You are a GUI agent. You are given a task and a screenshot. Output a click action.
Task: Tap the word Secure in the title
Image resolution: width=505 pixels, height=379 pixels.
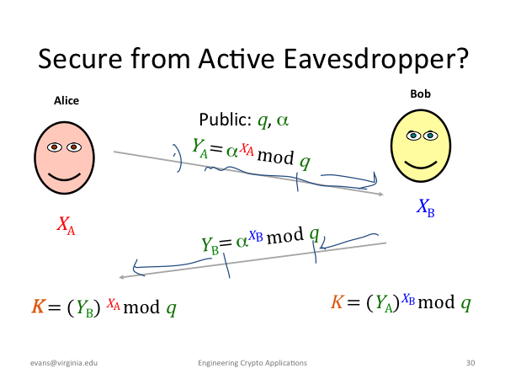click(80, 58)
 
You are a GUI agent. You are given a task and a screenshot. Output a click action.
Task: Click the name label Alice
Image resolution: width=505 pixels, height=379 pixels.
click(66, 100)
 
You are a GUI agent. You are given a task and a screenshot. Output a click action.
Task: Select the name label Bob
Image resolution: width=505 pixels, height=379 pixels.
click(420, 93)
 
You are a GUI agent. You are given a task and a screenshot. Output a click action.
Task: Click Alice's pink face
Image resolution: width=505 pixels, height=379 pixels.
click(65, 158)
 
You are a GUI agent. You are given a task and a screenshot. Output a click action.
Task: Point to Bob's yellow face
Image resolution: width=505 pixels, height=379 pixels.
click(421, 146)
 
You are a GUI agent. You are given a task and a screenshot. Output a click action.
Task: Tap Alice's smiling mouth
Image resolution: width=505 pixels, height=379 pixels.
click(64, 177)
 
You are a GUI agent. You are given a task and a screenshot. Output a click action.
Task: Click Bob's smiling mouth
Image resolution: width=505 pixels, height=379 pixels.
click(421, 165)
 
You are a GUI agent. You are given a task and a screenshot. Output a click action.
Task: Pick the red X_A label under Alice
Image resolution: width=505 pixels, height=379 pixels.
click(66, 225)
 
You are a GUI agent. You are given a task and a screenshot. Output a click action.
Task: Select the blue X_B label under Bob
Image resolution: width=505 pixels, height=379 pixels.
click(425, 207)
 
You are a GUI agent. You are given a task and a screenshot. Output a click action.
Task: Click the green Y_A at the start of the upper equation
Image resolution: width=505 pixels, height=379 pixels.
click(199, 148)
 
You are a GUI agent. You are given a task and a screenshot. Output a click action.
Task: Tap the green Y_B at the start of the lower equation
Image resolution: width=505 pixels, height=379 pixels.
click(210, 246)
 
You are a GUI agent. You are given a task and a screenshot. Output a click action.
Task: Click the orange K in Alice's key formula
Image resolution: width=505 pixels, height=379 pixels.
click(38, 307)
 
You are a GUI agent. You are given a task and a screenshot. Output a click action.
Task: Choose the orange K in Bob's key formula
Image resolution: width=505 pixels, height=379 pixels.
click(338, 302)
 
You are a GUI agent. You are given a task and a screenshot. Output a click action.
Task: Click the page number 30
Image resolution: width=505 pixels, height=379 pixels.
click(470, 363)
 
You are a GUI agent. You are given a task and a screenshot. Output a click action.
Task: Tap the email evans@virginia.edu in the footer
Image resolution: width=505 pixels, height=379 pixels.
click(64, 363)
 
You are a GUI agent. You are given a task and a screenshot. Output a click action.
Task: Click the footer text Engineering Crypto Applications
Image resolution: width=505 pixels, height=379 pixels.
click(252, 363)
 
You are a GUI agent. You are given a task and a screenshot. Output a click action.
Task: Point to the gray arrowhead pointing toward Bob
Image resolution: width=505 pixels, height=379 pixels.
click(380, 194)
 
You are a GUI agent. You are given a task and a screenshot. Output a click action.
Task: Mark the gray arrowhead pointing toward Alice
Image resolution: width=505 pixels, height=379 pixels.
click(121, 277)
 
